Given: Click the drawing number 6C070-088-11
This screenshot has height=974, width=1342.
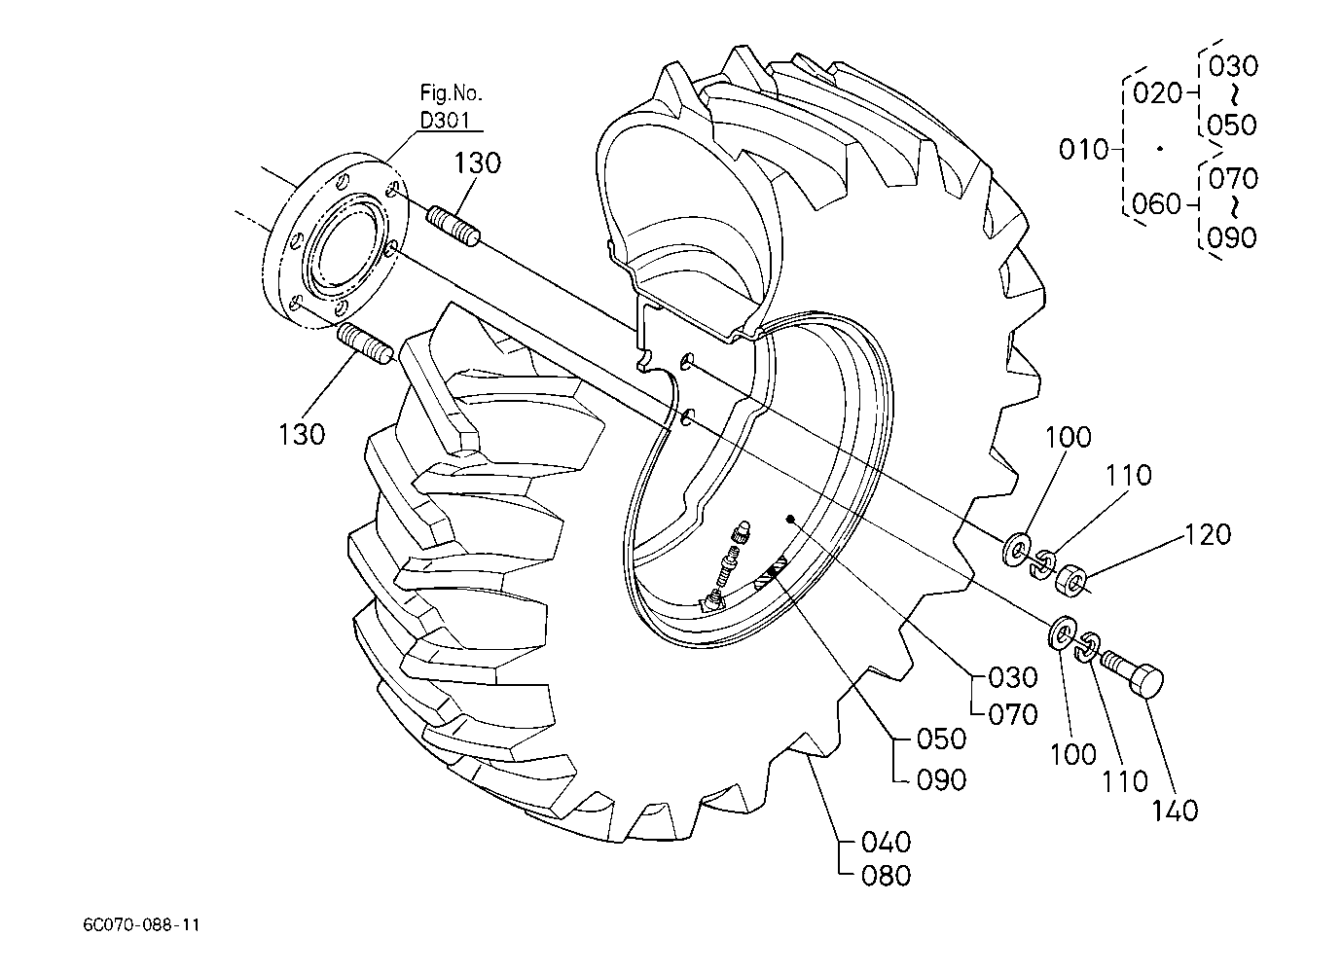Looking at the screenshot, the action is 141,925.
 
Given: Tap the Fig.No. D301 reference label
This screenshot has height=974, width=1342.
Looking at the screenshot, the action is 451,107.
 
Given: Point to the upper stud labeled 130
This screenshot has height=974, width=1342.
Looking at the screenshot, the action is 453,225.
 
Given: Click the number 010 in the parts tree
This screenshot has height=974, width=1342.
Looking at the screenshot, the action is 1083,149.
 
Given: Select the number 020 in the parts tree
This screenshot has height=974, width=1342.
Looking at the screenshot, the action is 1157,93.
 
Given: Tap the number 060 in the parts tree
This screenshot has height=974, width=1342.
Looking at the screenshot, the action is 1156,204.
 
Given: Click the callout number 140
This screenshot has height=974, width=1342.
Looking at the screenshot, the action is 1175,812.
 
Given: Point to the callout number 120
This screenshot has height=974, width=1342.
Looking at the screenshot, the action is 1208,534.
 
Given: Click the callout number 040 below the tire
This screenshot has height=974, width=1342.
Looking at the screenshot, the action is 887,843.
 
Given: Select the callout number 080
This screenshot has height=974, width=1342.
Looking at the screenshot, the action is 887,876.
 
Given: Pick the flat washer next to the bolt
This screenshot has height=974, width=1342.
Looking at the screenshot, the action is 1062,631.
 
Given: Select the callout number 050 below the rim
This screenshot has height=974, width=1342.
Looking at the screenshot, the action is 942,740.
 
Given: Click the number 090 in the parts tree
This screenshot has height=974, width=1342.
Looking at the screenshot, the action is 1232,237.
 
